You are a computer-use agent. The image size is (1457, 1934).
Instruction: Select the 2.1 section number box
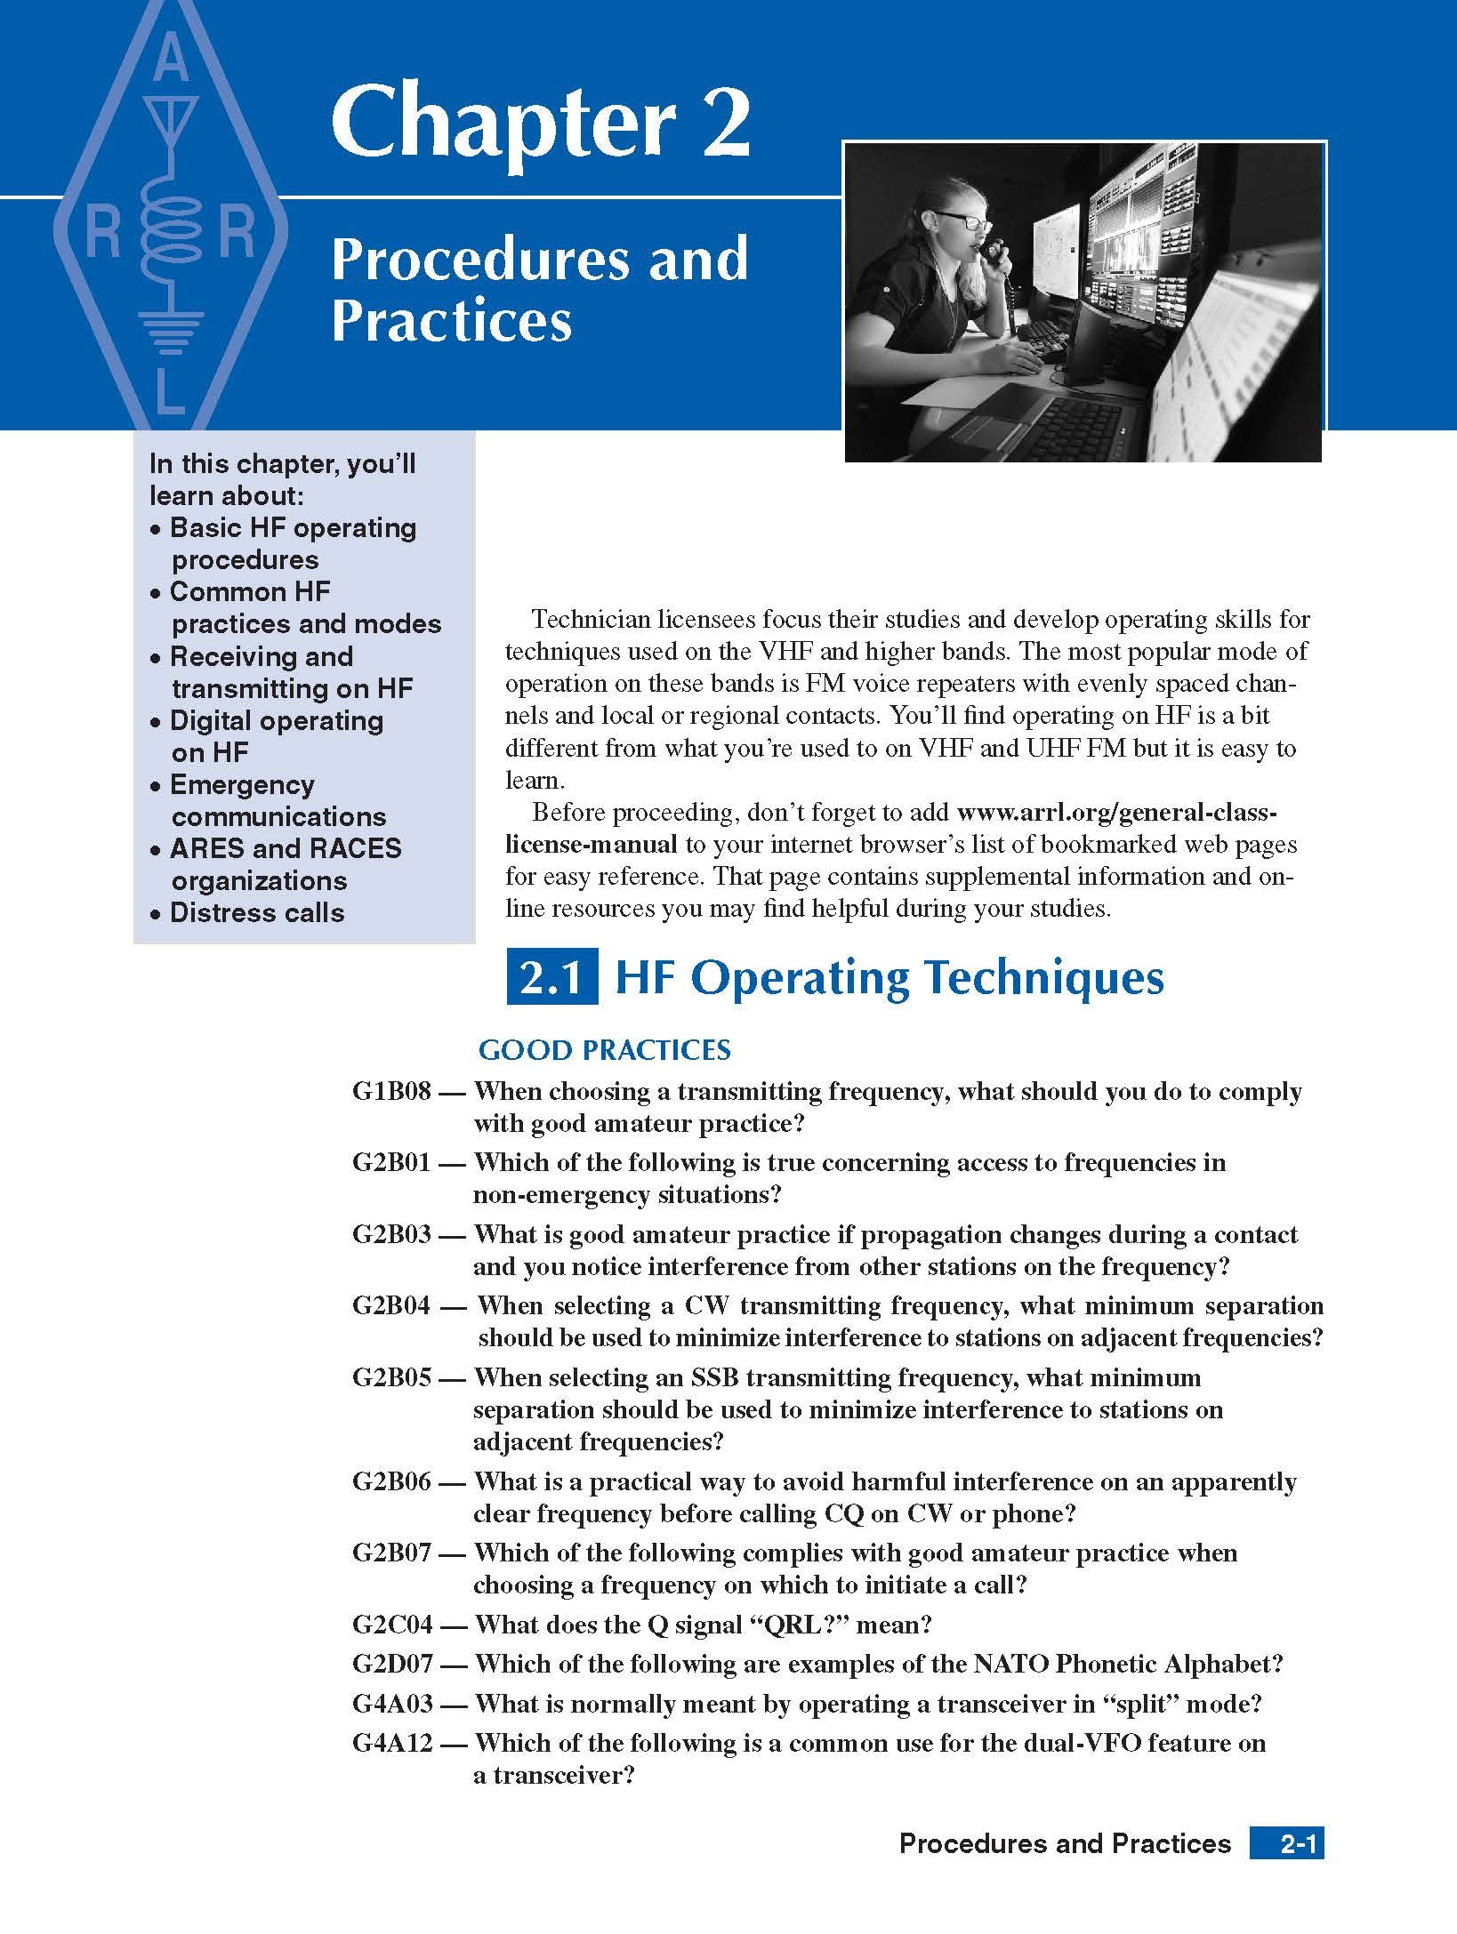(551, 978)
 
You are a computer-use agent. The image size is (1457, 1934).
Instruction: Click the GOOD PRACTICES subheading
(604, 1050)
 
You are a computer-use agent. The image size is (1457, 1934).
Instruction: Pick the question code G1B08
(391, 1092)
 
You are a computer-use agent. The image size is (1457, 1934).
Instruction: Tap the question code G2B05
(391, 1378)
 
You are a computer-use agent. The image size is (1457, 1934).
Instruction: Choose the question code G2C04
(391, 1625)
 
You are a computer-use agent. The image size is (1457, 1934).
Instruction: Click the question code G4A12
(391, 1743)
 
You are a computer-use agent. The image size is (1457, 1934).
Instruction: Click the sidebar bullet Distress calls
(256, 913)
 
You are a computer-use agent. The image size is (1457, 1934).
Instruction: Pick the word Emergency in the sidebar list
(242, 785)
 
